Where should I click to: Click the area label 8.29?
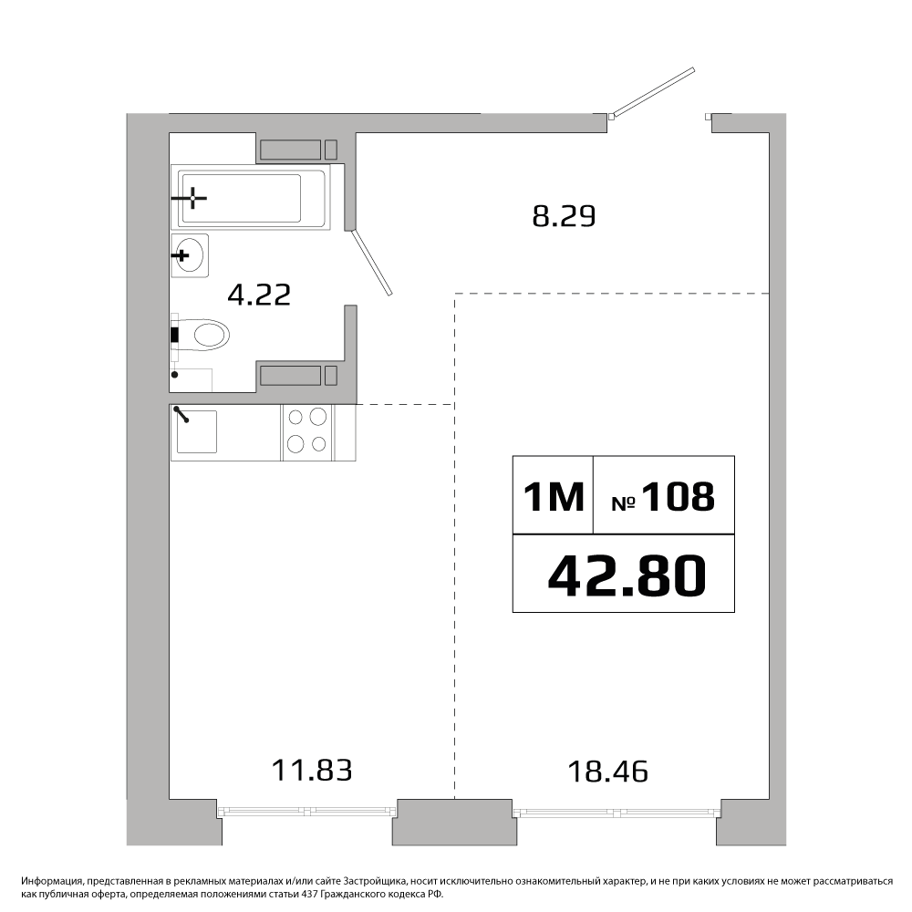[x=565, y=217]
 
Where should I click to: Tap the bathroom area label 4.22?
[x=259, y=295]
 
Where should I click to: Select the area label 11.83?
[x=312, y=770]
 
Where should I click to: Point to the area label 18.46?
[x=607, y=772]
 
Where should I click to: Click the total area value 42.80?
[x=627, y=575]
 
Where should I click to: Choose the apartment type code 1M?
[x=554, y=497]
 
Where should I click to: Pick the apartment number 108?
[x=679, y=497]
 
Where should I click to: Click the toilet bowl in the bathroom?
[x=203, y=336]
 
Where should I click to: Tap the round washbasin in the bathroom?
[x=190, y=255]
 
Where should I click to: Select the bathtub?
[x=251, y=197]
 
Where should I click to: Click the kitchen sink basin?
[x=197, y=431]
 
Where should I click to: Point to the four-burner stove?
[x=307, y=431]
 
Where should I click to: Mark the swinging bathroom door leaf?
[x=372, y=262]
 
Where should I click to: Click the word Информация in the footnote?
[x=50, y=882]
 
